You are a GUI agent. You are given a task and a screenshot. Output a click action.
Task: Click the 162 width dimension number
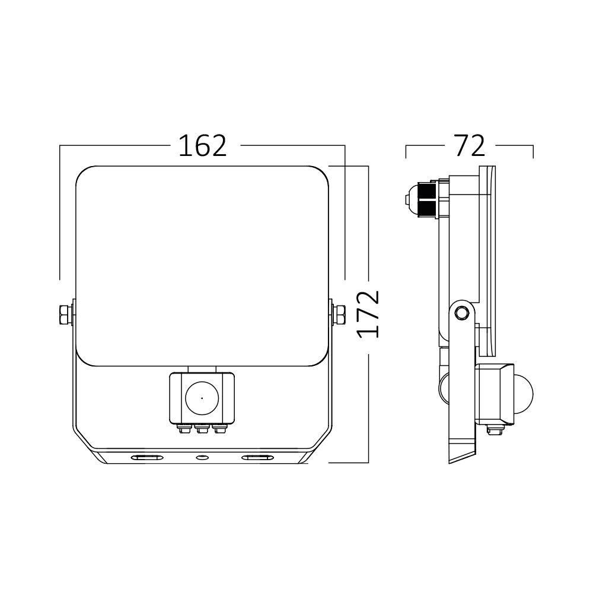(203, 146)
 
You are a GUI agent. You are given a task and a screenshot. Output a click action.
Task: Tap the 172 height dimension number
(369, 314)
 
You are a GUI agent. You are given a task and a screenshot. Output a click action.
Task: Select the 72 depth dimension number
(469, 146)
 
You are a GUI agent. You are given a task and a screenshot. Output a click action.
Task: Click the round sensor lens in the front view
(201, 398)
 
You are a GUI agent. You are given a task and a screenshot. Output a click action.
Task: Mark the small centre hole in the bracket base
(202, 458)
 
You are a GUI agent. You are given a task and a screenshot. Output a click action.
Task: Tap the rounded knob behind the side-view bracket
(445, 388)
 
